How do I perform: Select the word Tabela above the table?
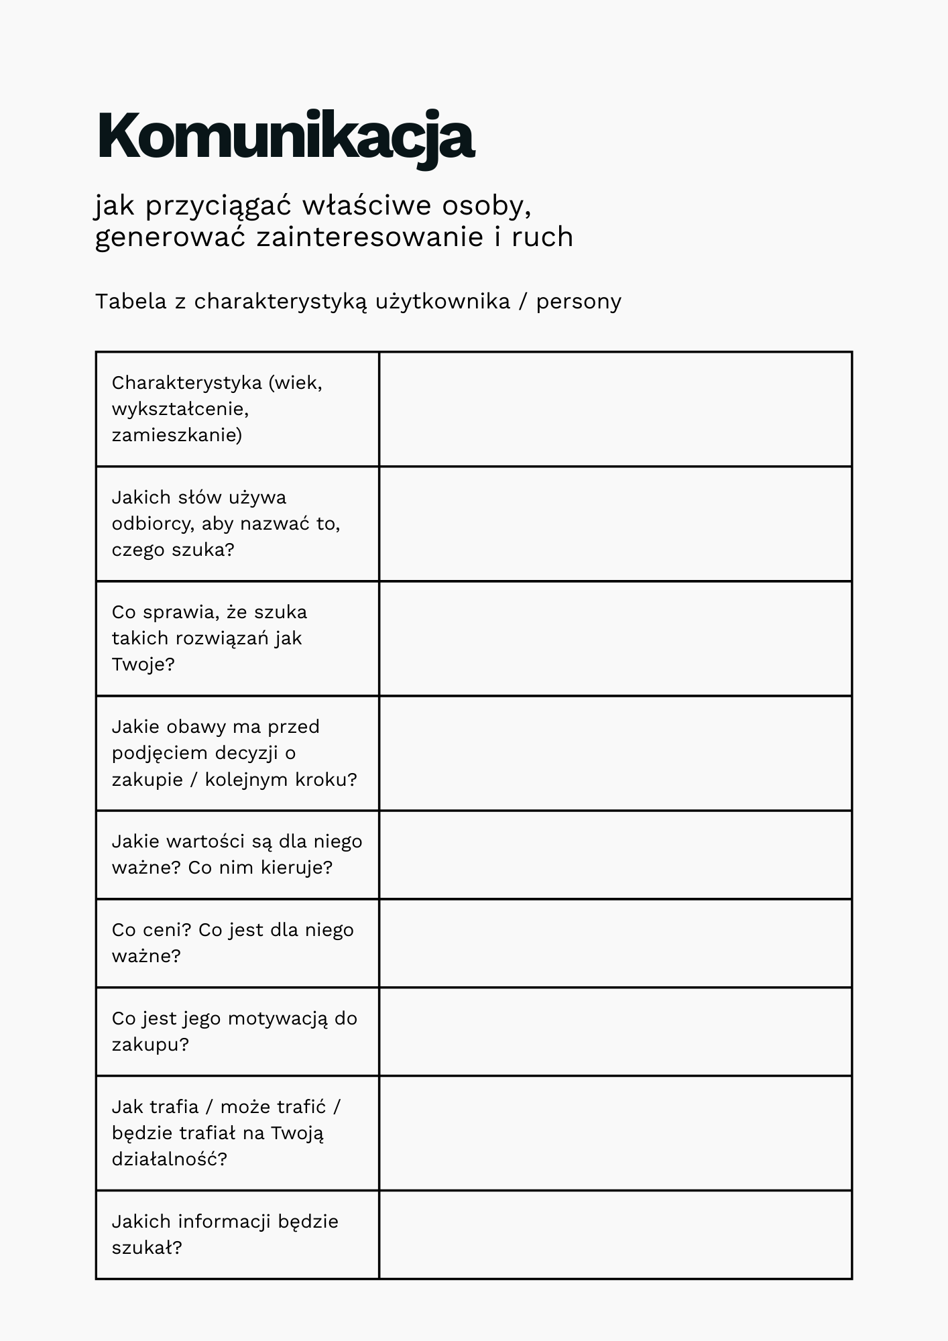(x=131, y=302)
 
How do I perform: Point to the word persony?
(x=579, y=302)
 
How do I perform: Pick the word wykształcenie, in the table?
(x=180, y=409)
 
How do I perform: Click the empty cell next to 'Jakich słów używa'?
(x=615, y=524)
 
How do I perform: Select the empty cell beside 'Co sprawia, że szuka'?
(x=615, y=638)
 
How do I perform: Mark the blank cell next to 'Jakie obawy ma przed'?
(x=615, y=753)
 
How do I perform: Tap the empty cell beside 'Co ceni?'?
(x=615, y=943)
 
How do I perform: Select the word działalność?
(x=170, y=1159)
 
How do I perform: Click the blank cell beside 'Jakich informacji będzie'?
(x=615, y=1234)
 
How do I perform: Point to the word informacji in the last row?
(x=225, y=1222)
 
